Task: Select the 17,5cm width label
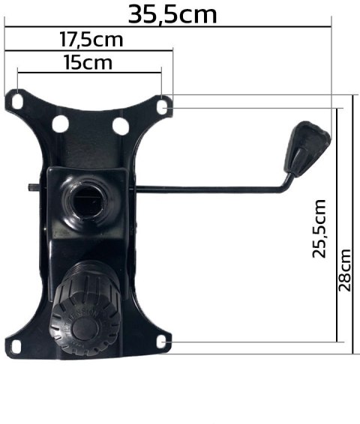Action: [x=91, y=40]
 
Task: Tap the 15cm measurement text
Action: [x=88, y=62]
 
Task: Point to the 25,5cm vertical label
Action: [x=320, y=228]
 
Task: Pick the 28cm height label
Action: [x=346, y=270]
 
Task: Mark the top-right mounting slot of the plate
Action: [x=163, y=107]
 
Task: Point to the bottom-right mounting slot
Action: [x=163, y=343]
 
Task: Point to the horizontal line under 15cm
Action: [x=88, y=73]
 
